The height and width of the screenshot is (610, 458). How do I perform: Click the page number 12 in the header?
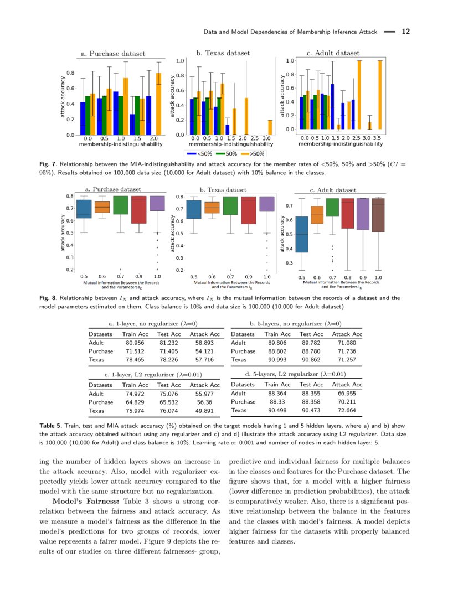pos(405,32)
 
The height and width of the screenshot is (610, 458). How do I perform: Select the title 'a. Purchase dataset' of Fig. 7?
pos(113,54)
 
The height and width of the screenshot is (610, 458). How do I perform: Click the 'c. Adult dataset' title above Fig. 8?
pos(333,190)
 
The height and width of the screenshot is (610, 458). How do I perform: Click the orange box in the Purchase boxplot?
pos(102,207)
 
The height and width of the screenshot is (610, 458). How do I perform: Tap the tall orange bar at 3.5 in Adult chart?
pos(380,95)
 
